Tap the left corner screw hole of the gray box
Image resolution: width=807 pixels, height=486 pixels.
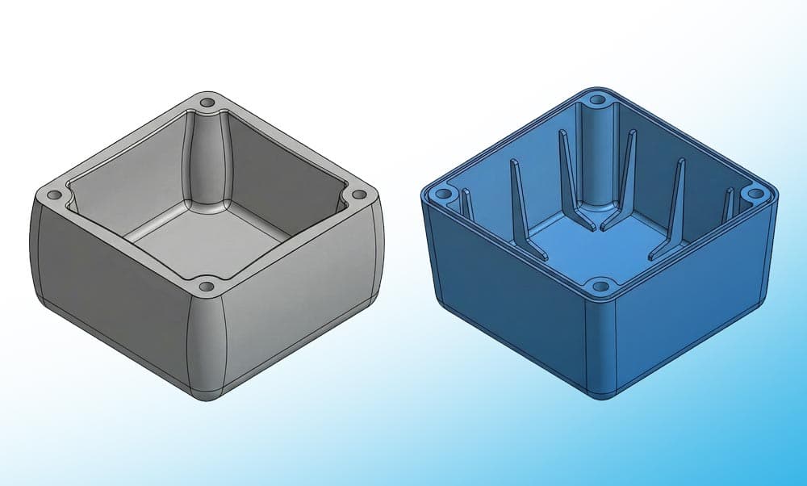(55, 195)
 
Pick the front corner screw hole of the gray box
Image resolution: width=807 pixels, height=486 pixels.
(207, 286)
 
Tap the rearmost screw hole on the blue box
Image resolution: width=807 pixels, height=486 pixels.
(597, 100)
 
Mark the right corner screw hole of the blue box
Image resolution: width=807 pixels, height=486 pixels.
(755, 193)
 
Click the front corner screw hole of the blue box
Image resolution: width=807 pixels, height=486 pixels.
(599, 285)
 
